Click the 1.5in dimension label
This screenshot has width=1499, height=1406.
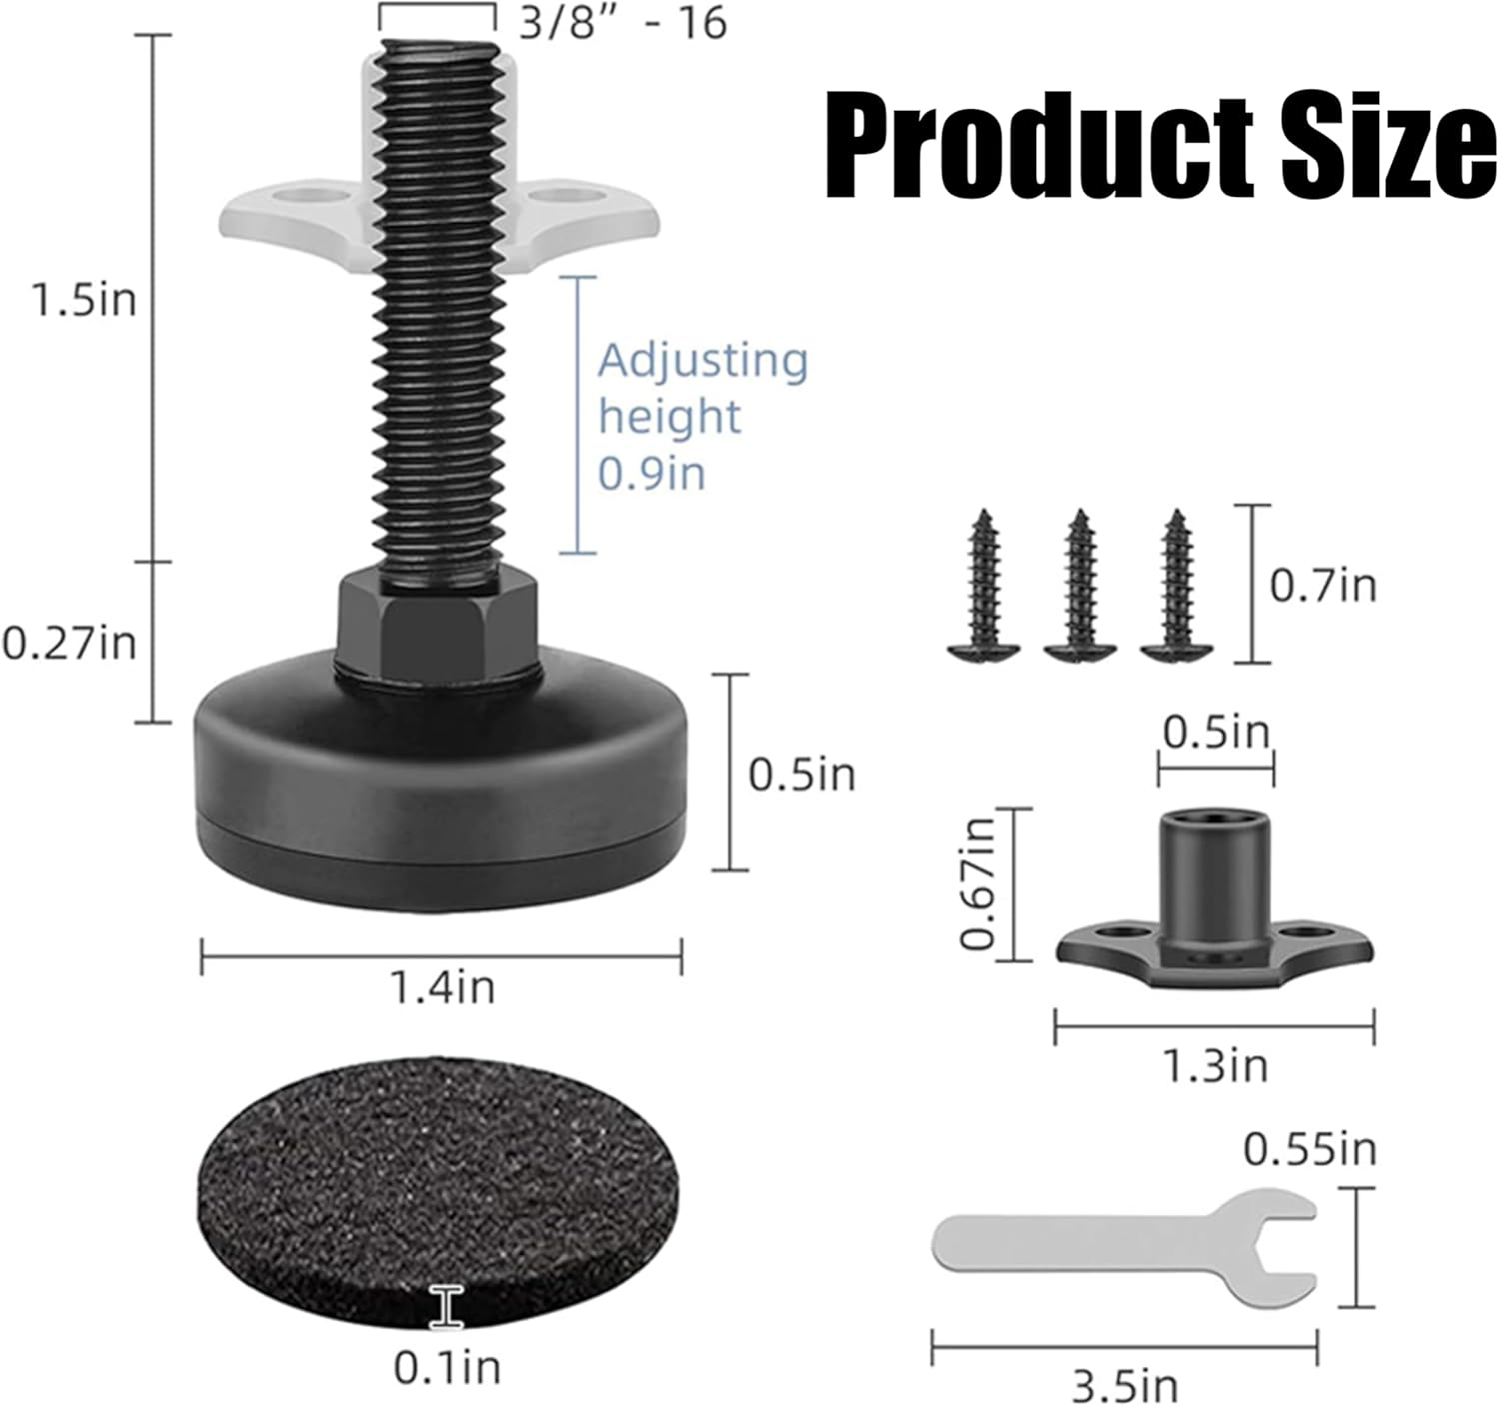pos(84,300)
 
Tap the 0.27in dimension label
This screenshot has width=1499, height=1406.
pos(69,643)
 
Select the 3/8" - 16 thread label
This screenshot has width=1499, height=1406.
pos(622,24)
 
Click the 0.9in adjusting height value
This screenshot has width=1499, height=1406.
pos(652,473)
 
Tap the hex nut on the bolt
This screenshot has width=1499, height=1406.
pos(438,626)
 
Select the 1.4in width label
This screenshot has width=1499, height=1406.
pos(442,988)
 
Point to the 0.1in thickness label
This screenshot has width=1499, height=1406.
pos(447,1367)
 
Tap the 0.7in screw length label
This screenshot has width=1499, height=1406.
pos(1322,585)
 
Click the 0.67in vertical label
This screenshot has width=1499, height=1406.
pos(978,882)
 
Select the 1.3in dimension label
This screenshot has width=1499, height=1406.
pos(1215,1066)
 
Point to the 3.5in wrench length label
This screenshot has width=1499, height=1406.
pos(1125,1386)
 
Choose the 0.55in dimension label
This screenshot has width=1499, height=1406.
pos(1309,1150)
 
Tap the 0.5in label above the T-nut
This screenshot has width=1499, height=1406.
pos(1215,732)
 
